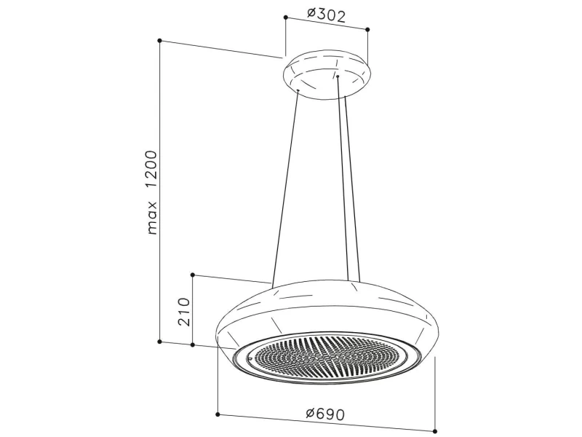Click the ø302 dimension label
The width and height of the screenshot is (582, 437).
[326, 15]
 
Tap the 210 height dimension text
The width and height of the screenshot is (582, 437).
[184, 312]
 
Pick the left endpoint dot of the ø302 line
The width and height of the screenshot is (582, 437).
[285, 17]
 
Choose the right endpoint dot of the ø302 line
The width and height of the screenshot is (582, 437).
[367, 29]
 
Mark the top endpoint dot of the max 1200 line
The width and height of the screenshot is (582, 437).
[159, 40]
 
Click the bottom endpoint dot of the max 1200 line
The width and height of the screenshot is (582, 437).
[159, 341]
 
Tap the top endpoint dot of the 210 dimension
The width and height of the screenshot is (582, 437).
[193, 275]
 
